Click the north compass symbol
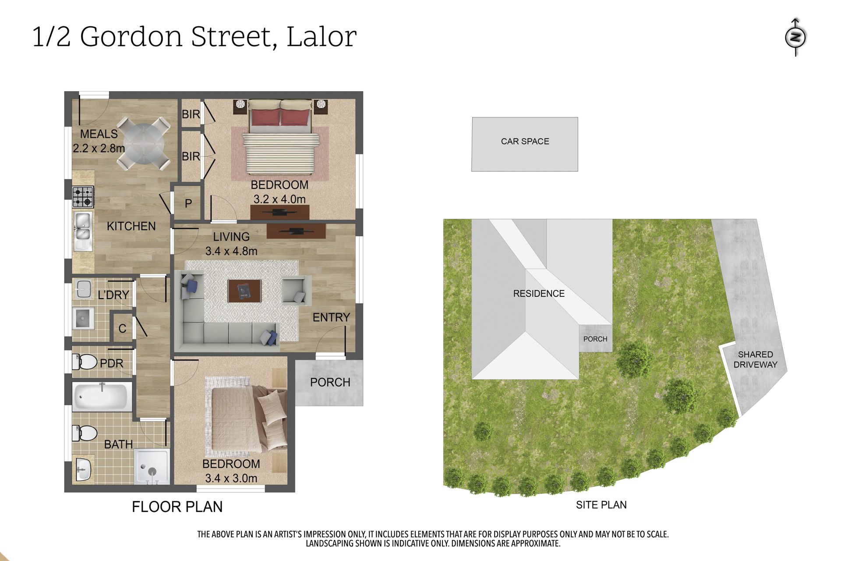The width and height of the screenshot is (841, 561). tap(795, 37)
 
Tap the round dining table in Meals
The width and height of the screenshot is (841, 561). tap(144, 143)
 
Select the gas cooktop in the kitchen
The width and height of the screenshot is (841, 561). tap(83, 197)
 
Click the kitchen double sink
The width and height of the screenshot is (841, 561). tap(83, 231)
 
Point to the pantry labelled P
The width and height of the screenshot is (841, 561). tap(188, 203)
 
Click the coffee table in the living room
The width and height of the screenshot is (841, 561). tap(244, 291)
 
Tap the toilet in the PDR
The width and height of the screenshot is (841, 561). tap(84, 362)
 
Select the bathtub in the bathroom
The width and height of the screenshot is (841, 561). tap(102, 397)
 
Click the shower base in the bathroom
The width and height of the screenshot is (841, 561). tap(152, 466)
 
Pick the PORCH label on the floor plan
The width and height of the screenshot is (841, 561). tap(330, 382)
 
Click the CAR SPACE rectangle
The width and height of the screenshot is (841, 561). tap(525, 144)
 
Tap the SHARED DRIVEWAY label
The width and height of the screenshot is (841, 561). tap(755, 359)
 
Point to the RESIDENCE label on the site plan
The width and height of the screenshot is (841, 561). tap(539, 294)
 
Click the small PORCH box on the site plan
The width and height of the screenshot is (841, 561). tap(595, 338)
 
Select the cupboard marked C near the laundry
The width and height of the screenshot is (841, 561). tap(122, 327)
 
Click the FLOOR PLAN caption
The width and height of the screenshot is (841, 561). tap(177, 507)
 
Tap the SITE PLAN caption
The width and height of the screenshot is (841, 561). tap(601, 505)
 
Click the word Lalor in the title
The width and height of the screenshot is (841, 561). tap(322, 36)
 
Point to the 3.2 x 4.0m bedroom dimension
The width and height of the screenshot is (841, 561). tap(279, 199)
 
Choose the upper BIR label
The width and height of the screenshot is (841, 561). tap(191, 114)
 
